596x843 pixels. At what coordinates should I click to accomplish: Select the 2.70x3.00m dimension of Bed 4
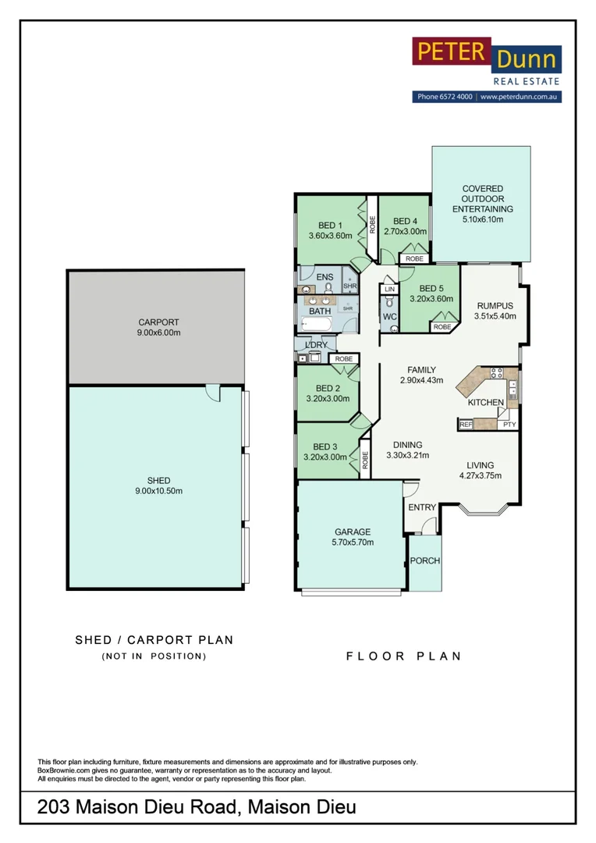coord(405,232)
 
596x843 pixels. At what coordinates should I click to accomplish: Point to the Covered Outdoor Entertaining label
coord(483,199)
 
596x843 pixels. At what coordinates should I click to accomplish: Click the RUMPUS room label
coord(495,305)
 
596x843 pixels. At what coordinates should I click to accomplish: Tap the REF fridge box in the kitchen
coord(466,425)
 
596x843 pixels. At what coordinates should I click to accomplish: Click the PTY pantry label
coord(509,425)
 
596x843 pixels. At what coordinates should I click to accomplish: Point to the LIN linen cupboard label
coord(389,290)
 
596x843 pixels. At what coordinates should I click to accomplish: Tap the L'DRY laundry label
coord(316,345)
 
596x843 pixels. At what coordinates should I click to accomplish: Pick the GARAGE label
coord(351,532)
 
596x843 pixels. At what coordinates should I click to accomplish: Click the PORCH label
coord(424,561)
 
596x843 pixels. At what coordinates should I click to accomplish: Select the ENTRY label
coord(422,507)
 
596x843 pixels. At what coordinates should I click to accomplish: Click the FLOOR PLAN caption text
coord(403,656)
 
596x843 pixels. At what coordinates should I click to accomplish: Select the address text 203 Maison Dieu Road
coord(136,807)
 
